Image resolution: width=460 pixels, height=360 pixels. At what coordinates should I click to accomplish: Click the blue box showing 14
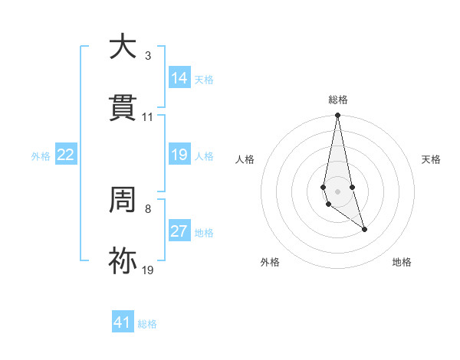coord(179,78)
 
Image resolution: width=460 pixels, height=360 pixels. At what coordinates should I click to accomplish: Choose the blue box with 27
coord(179,231)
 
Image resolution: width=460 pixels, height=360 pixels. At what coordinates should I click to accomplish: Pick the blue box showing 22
coord(66,155)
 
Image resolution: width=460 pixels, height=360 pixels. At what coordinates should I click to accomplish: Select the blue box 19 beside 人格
coord(179,155)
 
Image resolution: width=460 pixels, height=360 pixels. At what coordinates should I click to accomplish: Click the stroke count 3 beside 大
coord(148,56)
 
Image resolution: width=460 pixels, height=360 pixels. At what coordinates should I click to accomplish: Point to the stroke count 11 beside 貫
coord(148,117)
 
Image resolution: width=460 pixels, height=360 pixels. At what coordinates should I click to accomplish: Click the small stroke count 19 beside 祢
coord(148,270)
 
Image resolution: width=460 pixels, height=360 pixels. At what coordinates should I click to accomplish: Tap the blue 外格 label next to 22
coord(41,155)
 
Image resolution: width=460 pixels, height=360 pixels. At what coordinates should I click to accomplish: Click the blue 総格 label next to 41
coord(147,323)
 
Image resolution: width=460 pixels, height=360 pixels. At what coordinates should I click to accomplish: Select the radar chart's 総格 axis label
coord(337,100)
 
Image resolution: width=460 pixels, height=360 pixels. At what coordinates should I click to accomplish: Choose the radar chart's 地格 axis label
coord(402,262)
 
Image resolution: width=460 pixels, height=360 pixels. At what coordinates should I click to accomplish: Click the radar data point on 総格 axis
coord(337,116)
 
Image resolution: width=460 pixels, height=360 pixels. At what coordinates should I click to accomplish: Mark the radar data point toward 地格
coord(364,229)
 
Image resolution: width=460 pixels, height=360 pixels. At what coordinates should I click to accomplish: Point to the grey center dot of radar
coord(337,191)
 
